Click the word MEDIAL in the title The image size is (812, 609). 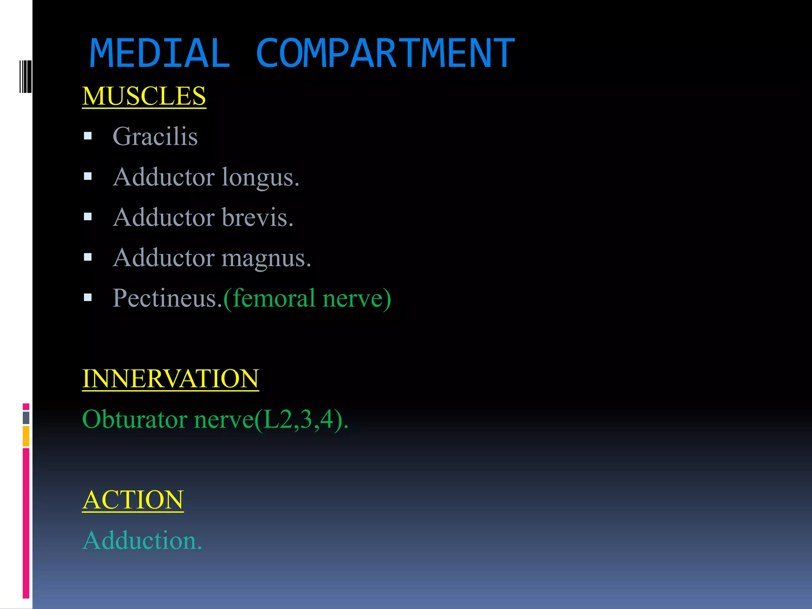pyautogui.click(x=159, y=54)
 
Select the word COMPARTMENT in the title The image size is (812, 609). pyautogui.click(x=385, y=54)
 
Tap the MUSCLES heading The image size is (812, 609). pyautogui.click(x=144, y=96)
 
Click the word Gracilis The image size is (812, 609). pyautogui.click(x=155, y=136)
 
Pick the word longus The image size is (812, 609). pyautogui.click(x=260, y=177)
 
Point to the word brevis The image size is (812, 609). pyautogui.click(x=257, y=217)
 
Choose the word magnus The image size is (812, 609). pyautogui.click(x=266, y=258)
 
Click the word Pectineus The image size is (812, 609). pyautogui.click(x=167, y=298)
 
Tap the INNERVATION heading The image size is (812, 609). pyautogui.click(x=170, y=379)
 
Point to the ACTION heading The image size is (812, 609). pyautogui.click(x=133, y=500)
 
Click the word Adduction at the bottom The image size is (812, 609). pyautogui.click(x=142, y=540)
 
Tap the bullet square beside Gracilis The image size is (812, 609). pyautogui.click(x=88, y=136)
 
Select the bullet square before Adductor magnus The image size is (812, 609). pyautogui.click(x=88, y=257)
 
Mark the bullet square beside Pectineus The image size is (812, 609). pyautogui.click(x=88, y=297)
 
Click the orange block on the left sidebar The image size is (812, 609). pyautogui.click(x=26, y=436)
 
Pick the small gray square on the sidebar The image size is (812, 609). pyautogui.click(x=26, y=417)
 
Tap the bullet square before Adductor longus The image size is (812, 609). pyautogui.click(x=88, y=176)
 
